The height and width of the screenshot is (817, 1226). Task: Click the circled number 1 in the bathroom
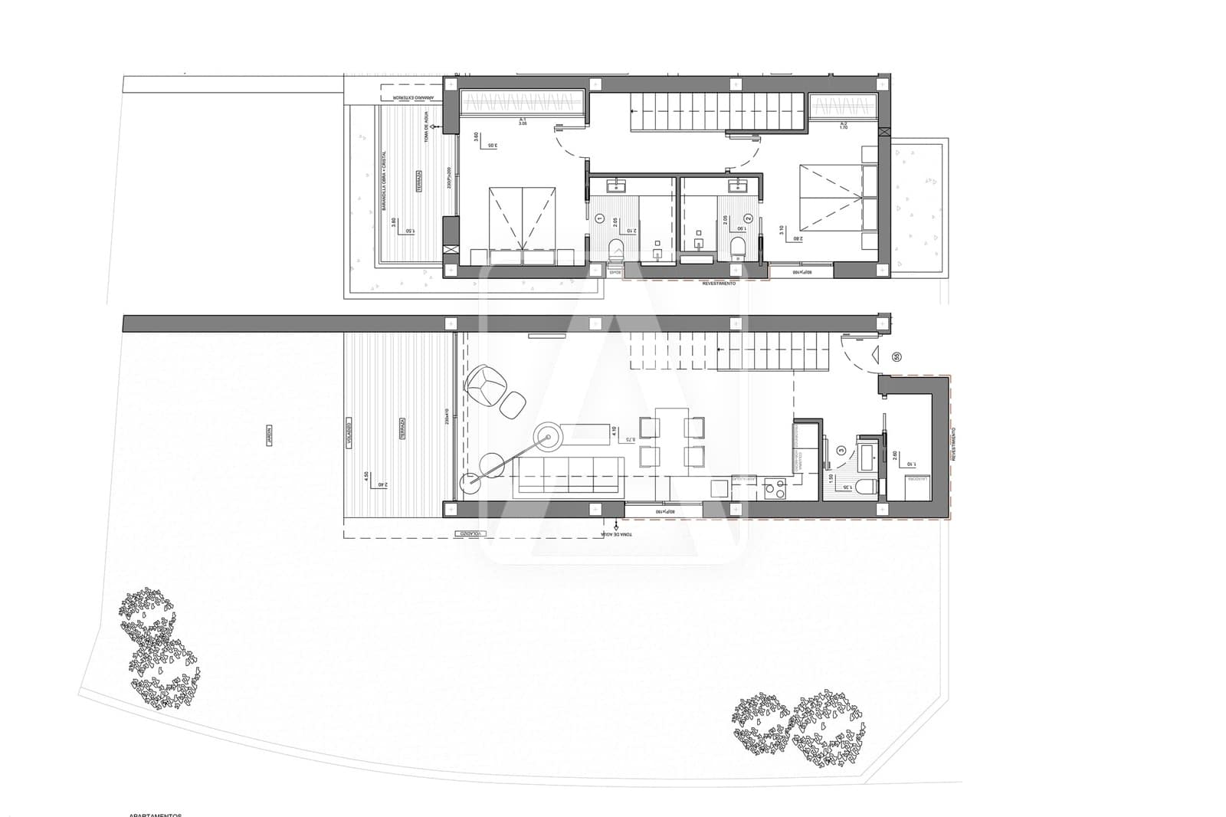(x=599, y=219)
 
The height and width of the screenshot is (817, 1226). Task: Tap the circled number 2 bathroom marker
(x=749, y=218)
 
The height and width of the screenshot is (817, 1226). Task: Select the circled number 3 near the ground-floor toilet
(x=841, y=451)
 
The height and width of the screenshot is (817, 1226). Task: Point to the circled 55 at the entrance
(x=897, y=356)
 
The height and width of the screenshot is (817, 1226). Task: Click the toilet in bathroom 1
(x=616, y=248)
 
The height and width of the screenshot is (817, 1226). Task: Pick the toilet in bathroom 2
(x=738, y=247)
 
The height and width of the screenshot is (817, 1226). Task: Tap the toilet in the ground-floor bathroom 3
(x=864, y=487)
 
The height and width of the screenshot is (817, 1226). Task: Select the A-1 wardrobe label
(x=523, y=122)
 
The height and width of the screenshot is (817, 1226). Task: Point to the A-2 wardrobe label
(x=844, y=124)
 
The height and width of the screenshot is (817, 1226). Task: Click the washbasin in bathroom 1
(x=615, y=185)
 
